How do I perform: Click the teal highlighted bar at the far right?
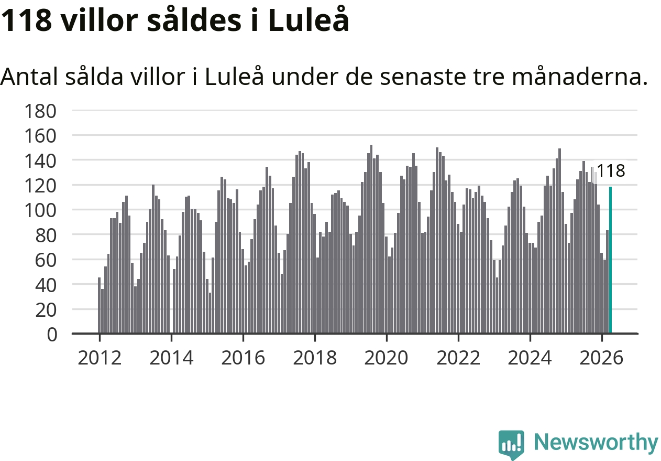click(611, 260)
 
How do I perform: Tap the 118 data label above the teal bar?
click(611, 170)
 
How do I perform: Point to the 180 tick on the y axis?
click(40, 111)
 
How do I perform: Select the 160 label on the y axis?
click(40, 136)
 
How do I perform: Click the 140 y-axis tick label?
click(40, 161)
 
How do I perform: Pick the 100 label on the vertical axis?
click(40, 211)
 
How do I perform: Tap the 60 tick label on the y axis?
click(46, 260)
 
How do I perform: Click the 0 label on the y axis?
click(52, 335)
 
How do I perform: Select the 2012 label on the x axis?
click(100, 358)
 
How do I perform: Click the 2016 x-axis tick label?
click(243, 358)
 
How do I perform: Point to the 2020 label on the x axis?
click(386, 358)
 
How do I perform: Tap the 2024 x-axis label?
click(530, 358)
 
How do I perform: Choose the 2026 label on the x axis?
click(601, 358)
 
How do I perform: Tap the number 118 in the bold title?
click(26, 20)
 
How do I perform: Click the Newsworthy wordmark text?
click(596, 442)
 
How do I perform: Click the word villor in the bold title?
click(100, 20)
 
